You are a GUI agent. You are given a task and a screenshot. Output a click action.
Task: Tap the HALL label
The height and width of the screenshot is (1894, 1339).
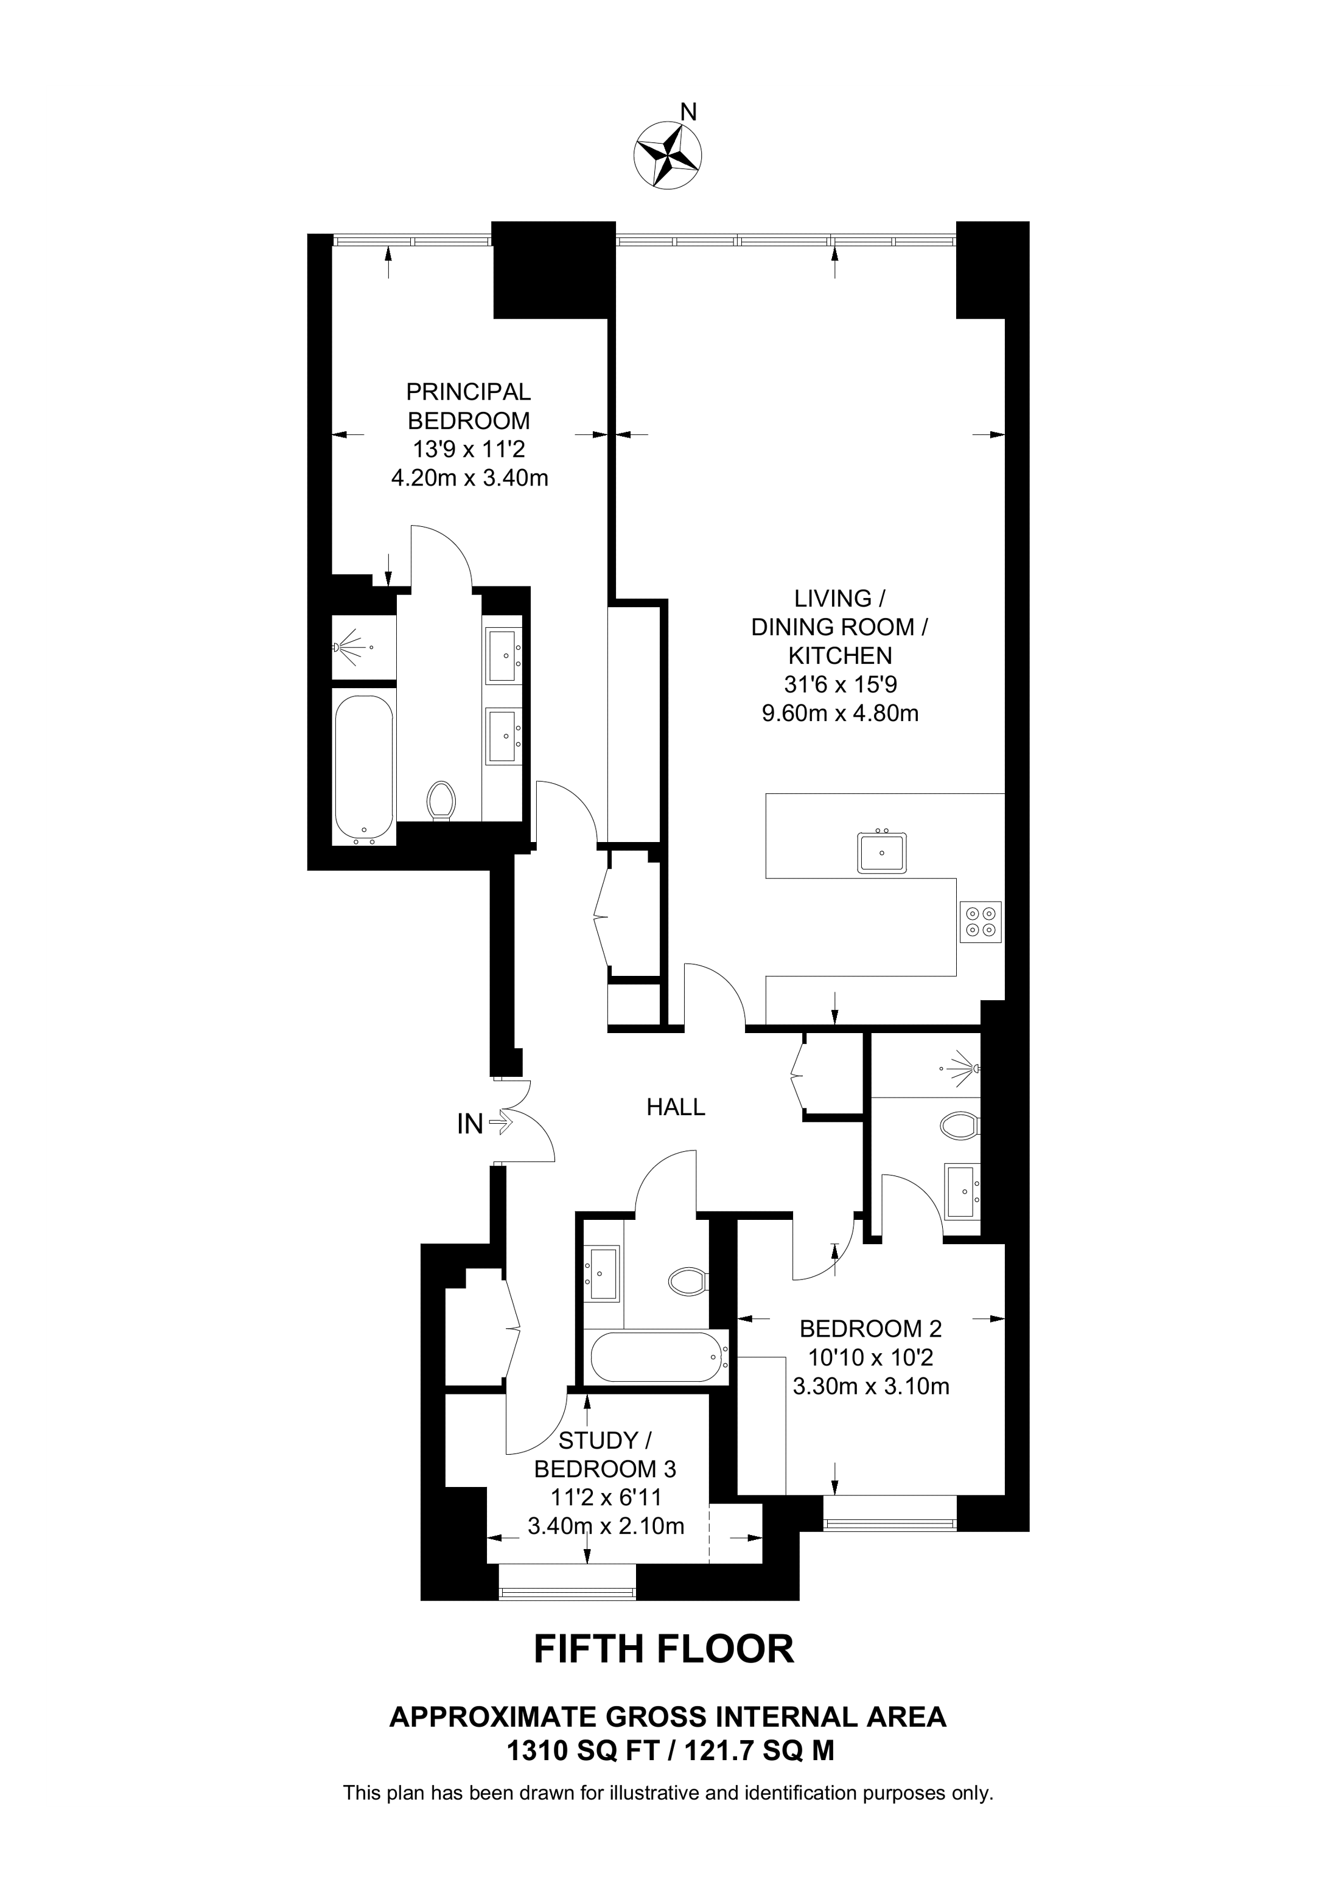click(x=676, y=1107)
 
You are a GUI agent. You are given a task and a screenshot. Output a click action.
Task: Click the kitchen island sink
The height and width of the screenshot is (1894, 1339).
click(x=882, y=852)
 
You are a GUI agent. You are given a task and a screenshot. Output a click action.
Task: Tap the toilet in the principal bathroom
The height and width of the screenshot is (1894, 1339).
click(x=442, y=800)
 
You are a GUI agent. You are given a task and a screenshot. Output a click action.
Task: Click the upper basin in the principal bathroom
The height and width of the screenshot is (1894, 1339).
click(x=504, y=656)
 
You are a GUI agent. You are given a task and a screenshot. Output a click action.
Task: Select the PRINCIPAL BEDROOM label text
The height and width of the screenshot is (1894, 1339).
click(x=469, y=406)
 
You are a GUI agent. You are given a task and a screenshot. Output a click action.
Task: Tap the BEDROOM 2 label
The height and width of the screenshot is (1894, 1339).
click(x=870, y=1328)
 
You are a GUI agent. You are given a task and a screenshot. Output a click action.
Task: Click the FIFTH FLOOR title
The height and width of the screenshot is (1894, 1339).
click(x=664, y=1649)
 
